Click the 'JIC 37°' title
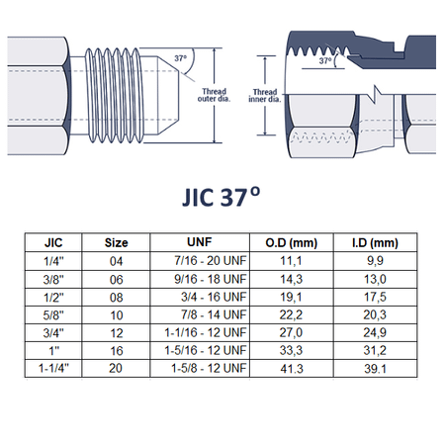[222, 197]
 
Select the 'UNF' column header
[200, 242]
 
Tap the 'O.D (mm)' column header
[292, 243]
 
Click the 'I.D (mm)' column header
[375, 243]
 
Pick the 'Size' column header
[116, 243]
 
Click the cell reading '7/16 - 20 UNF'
[211, 261]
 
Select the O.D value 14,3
[292, 279]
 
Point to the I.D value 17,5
[375, 297]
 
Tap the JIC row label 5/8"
[53, 315]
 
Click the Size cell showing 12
[117, 333]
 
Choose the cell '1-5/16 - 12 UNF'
[206, 350]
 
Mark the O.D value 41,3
[292, 369]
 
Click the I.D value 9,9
[375, 261]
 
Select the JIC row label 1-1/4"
[53, 368]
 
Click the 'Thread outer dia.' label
[214, 95]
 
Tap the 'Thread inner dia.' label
[265, 96]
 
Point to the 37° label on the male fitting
[180, 58]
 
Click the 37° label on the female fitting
[325, 60]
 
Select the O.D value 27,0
[291, 332]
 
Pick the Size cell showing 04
[116, 261]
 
